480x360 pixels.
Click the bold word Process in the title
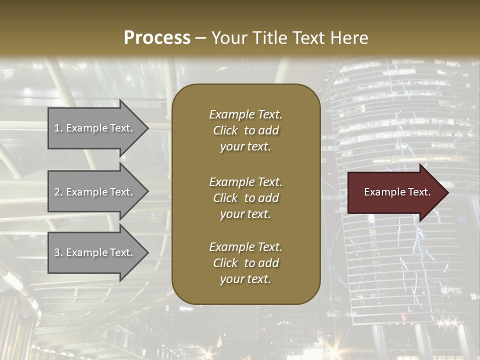157,38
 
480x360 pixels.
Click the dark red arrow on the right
395,192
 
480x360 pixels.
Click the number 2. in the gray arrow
58,192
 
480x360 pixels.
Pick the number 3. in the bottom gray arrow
58,252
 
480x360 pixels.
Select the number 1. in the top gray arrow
58,128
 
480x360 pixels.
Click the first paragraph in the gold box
245,130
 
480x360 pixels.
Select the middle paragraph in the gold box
245,198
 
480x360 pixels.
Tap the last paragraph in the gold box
245,263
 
